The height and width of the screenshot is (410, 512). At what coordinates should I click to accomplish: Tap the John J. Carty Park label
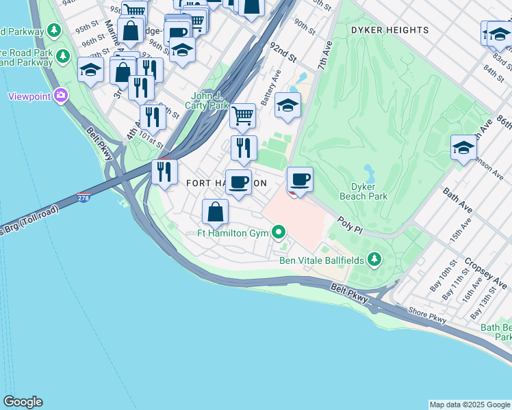coord(209,100)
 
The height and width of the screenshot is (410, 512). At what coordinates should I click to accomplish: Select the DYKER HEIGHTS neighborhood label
coord(389,30)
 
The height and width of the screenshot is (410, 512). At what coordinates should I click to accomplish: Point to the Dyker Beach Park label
coord(369,191)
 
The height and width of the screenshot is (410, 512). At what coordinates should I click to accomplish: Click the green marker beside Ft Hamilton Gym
coord(279,234)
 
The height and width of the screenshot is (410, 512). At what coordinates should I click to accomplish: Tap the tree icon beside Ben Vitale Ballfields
coord(374,259)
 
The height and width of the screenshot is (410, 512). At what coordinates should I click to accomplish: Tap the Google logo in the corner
coord(22,402)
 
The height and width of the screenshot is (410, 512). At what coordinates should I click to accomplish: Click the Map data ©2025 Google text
coord(470,405)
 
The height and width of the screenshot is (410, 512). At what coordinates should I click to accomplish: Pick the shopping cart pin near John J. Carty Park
coord(242,115)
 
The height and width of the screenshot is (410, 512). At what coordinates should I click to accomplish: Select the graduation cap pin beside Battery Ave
coord(287,105)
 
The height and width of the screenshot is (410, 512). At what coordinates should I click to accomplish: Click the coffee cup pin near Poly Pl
coord(300,180)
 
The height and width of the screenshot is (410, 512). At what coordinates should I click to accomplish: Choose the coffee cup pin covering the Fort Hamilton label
coord(238,182)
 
